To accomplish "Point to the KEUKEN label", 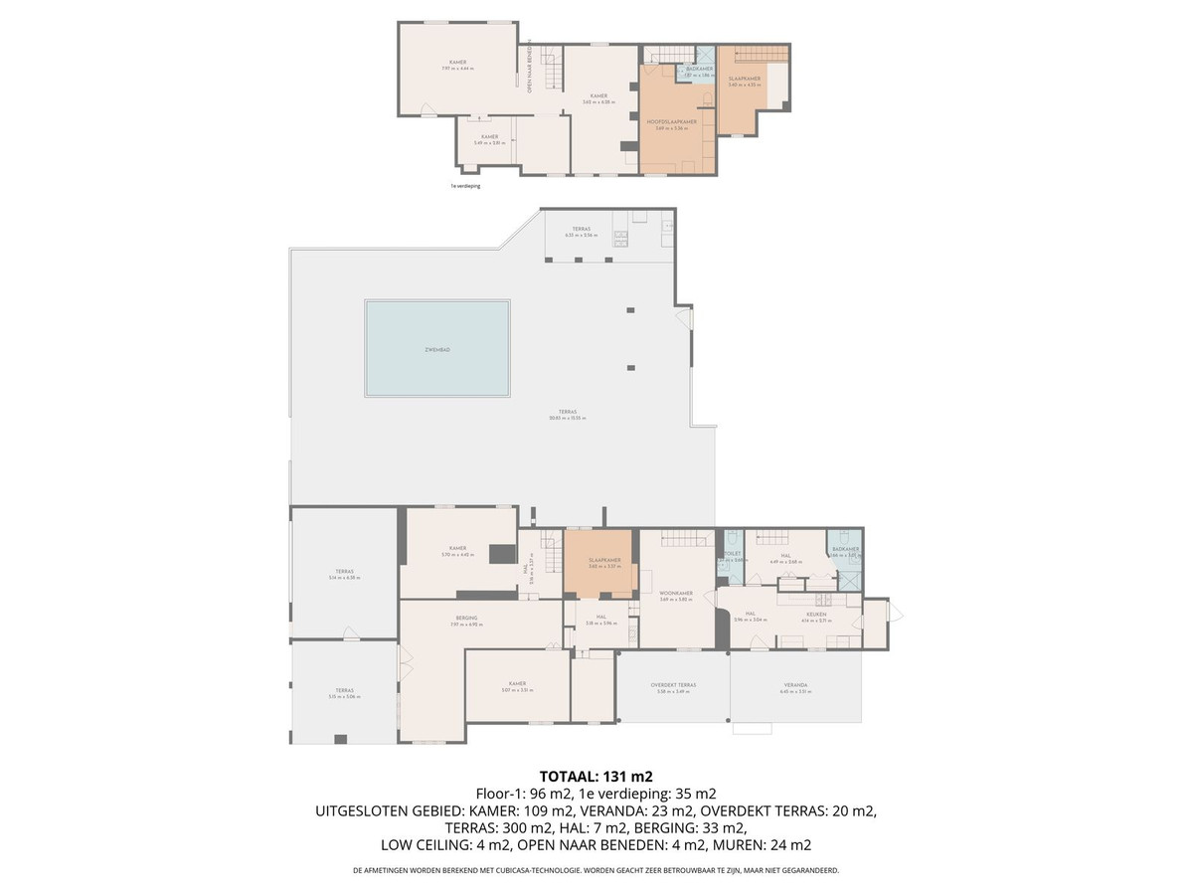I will tap(816, 615).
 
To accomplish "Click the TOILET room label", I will tap(732, 554).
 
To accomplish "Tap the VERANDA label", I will tap(795, 685).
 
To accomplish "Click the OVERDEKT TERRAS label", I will tap(673, 685).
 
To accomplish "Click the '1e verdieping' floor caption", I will tap(465, 186).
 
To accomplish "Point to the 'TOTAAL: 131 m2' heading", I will tap(596, 777).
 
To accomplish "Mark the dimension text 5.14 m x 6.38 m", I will tap(344, 579).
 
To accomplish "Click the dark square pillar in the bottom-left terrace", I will tap(341, 739).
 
